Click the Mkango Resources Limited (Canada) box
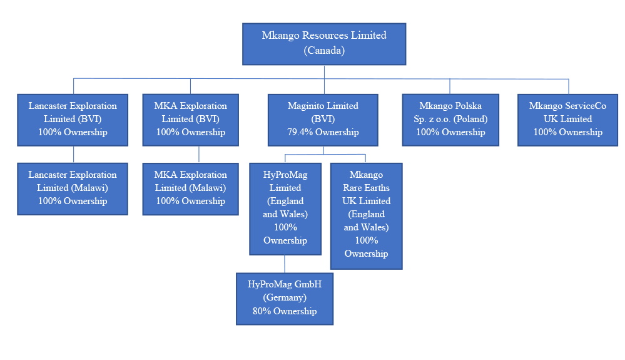pyautogui.click(x=324, y=43)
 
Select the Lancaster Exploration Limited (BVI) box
pyautogui.click(x=73, y=120)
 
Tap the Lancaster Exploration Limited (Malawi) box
pyautogui.click(x=73, y=188)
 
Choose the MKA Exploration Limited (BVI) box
pyautogui.click(x=190, y=120)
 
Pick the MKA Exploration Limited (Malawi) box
pyautogui.click(x=190, y=188)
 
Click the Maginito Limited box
pyautogui.click(x=323, y=120)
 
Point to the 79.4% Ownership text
pyautogui.click(x=323, y=132)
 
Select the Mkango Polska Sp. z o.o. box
pyautogui.click(x=450, y=120)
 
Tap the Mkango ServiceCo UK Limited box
pyautogui.click(x=568, y=120)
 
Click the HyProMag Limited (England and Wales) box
pyautogui.click(x=285, y=208)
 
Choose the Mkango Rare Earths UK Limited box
pyautogui.click(x=366, y=215)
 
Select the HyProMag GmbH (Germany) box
pyautogui.click(x=285, y=298)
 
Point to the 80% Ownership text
pyautogui.click(x=285, y=311)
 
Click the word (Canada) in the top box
pyautogui.click(x=324, y=51)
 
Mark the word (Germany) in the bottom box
pyautogui.click(x=285, y=297)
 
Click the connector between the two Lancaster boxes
pyautogui.click(x=74, y=155)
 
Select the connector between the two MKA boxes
pyautogui.click(x=199, y=155)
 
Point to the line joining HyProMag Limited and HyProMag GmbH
pyautogui.click(x=285, y=264)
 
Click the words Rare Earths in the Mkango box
pyautogui.click(x=366, y=188)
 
